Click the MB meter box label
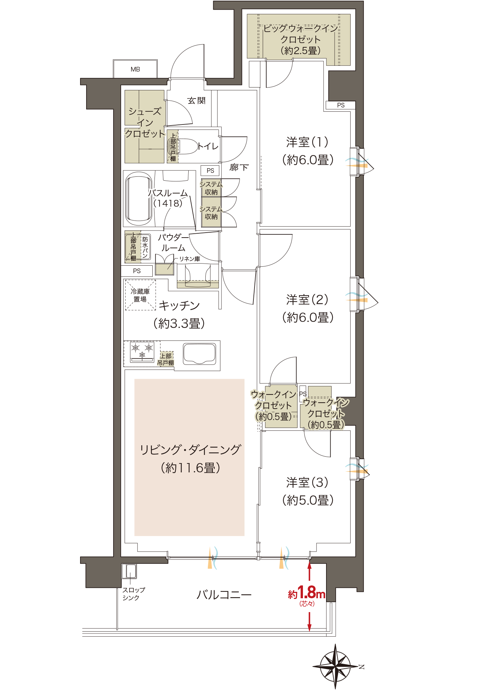[x=135, y=69]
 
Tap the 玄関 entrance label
[x=196, y=101]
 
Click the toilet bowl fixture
[x=187, y=146]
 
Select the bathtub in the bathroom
[x=138, y=199]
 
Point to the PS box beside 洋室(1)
[x=341, y=105]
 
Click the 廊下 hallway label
[x=239, y=167]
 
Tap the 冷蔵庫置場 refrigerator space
[x=140, y=295]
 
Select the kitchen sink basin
[x=199, y=354]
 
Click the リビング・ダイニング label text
[x=190, y=450]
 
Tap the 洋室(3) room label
[x=307, y=483]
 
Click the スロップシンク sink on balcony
[x=129, y=571]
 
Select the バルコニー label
[x=224, y=595]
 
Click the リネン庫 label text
[x=189, y=259]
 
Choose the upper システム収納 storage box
[x=211, y=188]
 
